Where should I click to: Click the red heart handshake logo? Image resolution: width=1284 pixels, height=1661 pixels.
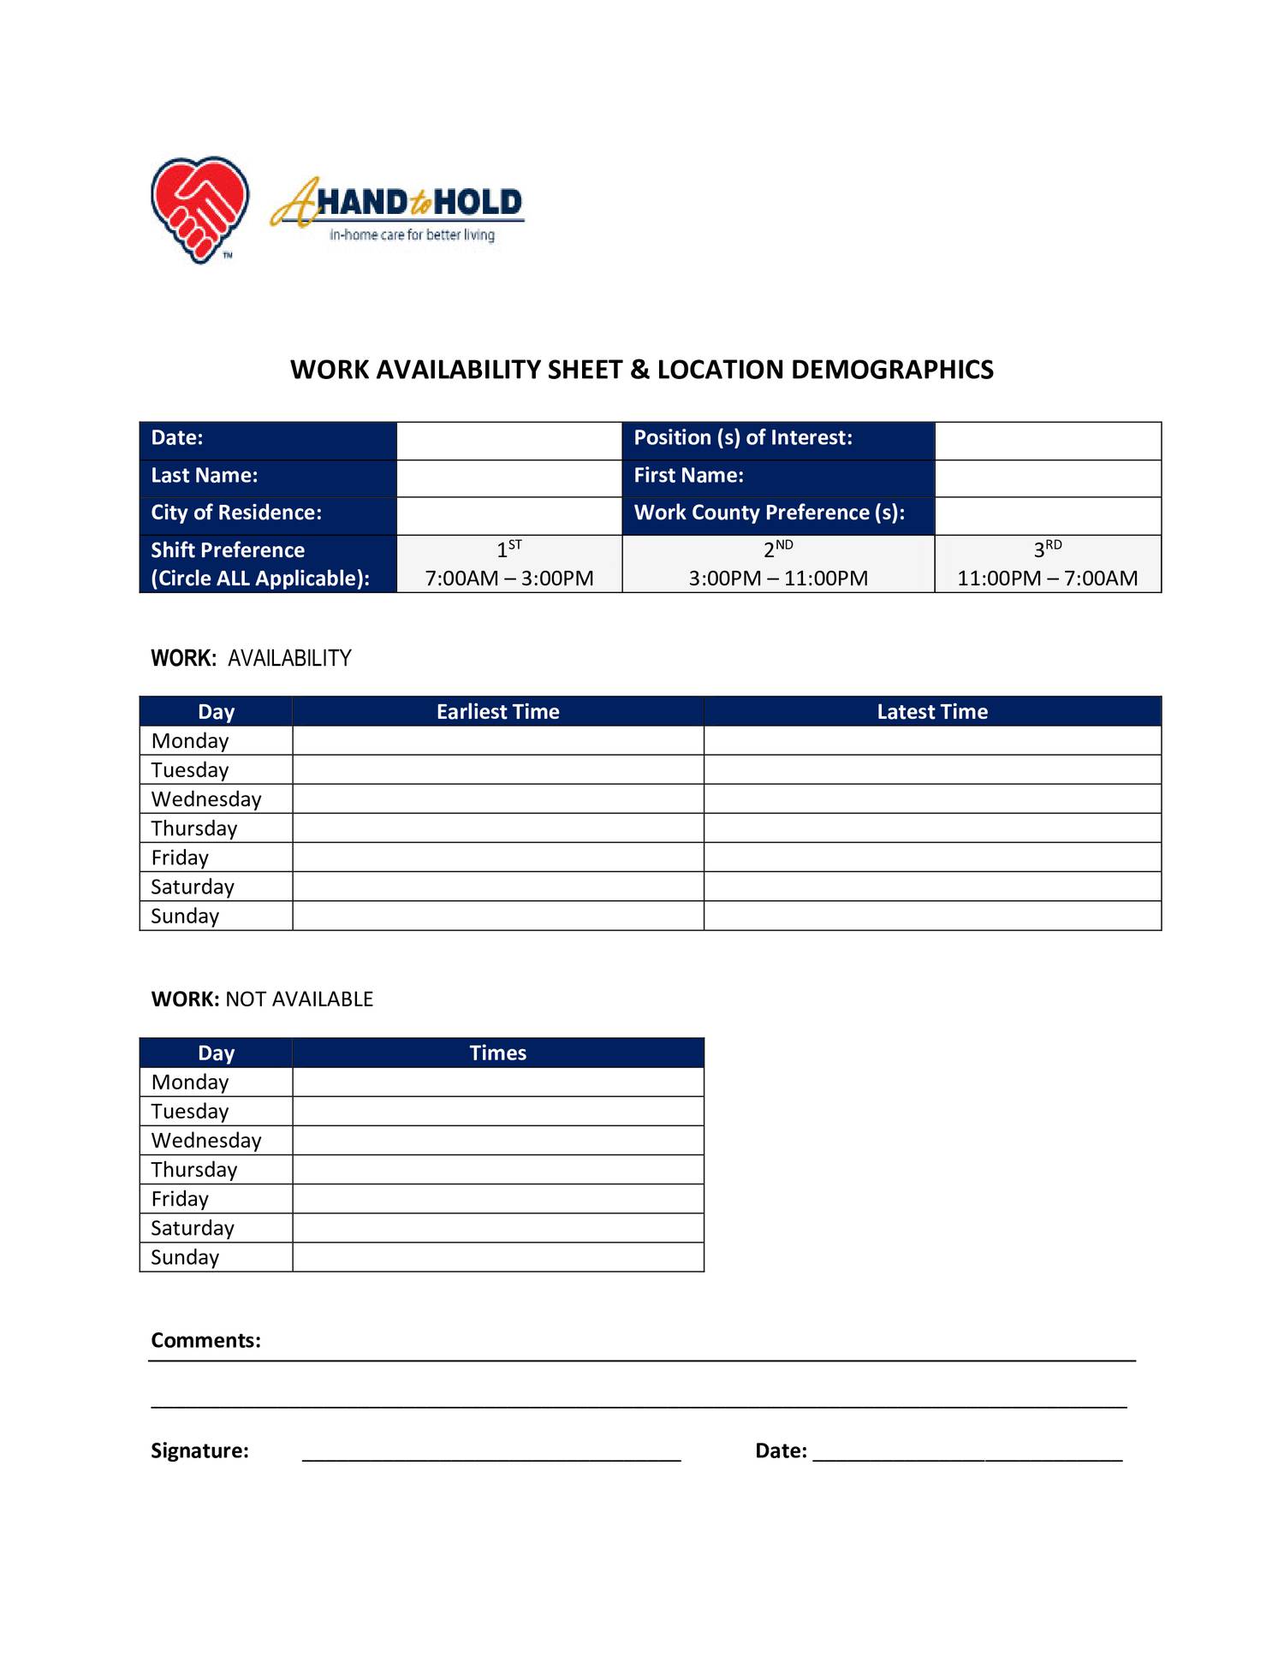click(x=199, y=209)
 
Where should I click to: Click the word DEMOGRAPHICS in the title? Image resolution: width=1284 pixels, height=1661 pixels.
click(x=892, y=370)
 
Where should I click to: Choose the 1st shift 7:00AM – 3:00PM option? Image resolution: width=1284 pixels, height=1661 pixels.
click(x=509, y=565)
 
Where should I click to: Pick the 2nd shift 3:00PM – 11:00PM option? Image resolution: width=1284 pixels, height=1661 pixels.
click(x=778, y=565)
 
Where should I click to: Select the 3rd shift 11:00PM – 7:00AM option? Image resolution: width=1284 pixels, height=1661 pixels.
click(x=1047, y=565)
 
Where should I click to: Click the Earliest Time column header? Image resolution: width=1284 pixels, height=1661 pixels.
click(x=497, y=712)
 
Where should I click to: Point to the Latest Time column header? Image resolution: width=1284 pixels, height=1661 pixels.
click(x=932, y=712)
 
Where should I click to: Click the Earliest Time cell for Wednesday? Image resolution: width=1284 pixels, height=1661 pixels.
click(x=497, y=799)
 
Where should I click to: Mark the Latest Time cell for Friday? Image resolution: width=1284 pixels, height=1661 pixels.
click(x=932, y=857)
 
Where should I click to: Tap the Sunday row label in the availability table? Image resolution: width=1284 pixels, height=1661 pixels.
click(x=185, y=917)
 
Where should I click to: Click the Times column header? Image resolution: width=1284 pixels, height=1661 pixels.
click(x=497, y=1053)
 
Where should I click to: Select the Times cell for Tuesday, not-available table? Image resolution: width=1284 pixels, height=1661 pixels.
click(x=497, y=1112)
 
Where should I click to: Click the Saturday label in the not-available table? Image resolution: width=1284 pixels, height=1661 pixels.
click(x=193, y=1229)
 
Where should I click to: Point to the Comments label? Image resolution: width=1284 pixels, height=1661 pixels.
click(x=205, y=1340)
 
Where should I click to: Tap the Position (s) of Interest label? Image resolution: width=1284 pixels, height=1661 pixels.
click(x=743, y=438)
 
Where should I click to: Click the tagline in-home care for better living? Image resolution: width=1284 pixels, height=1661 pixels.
click(x=412, y=235)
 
